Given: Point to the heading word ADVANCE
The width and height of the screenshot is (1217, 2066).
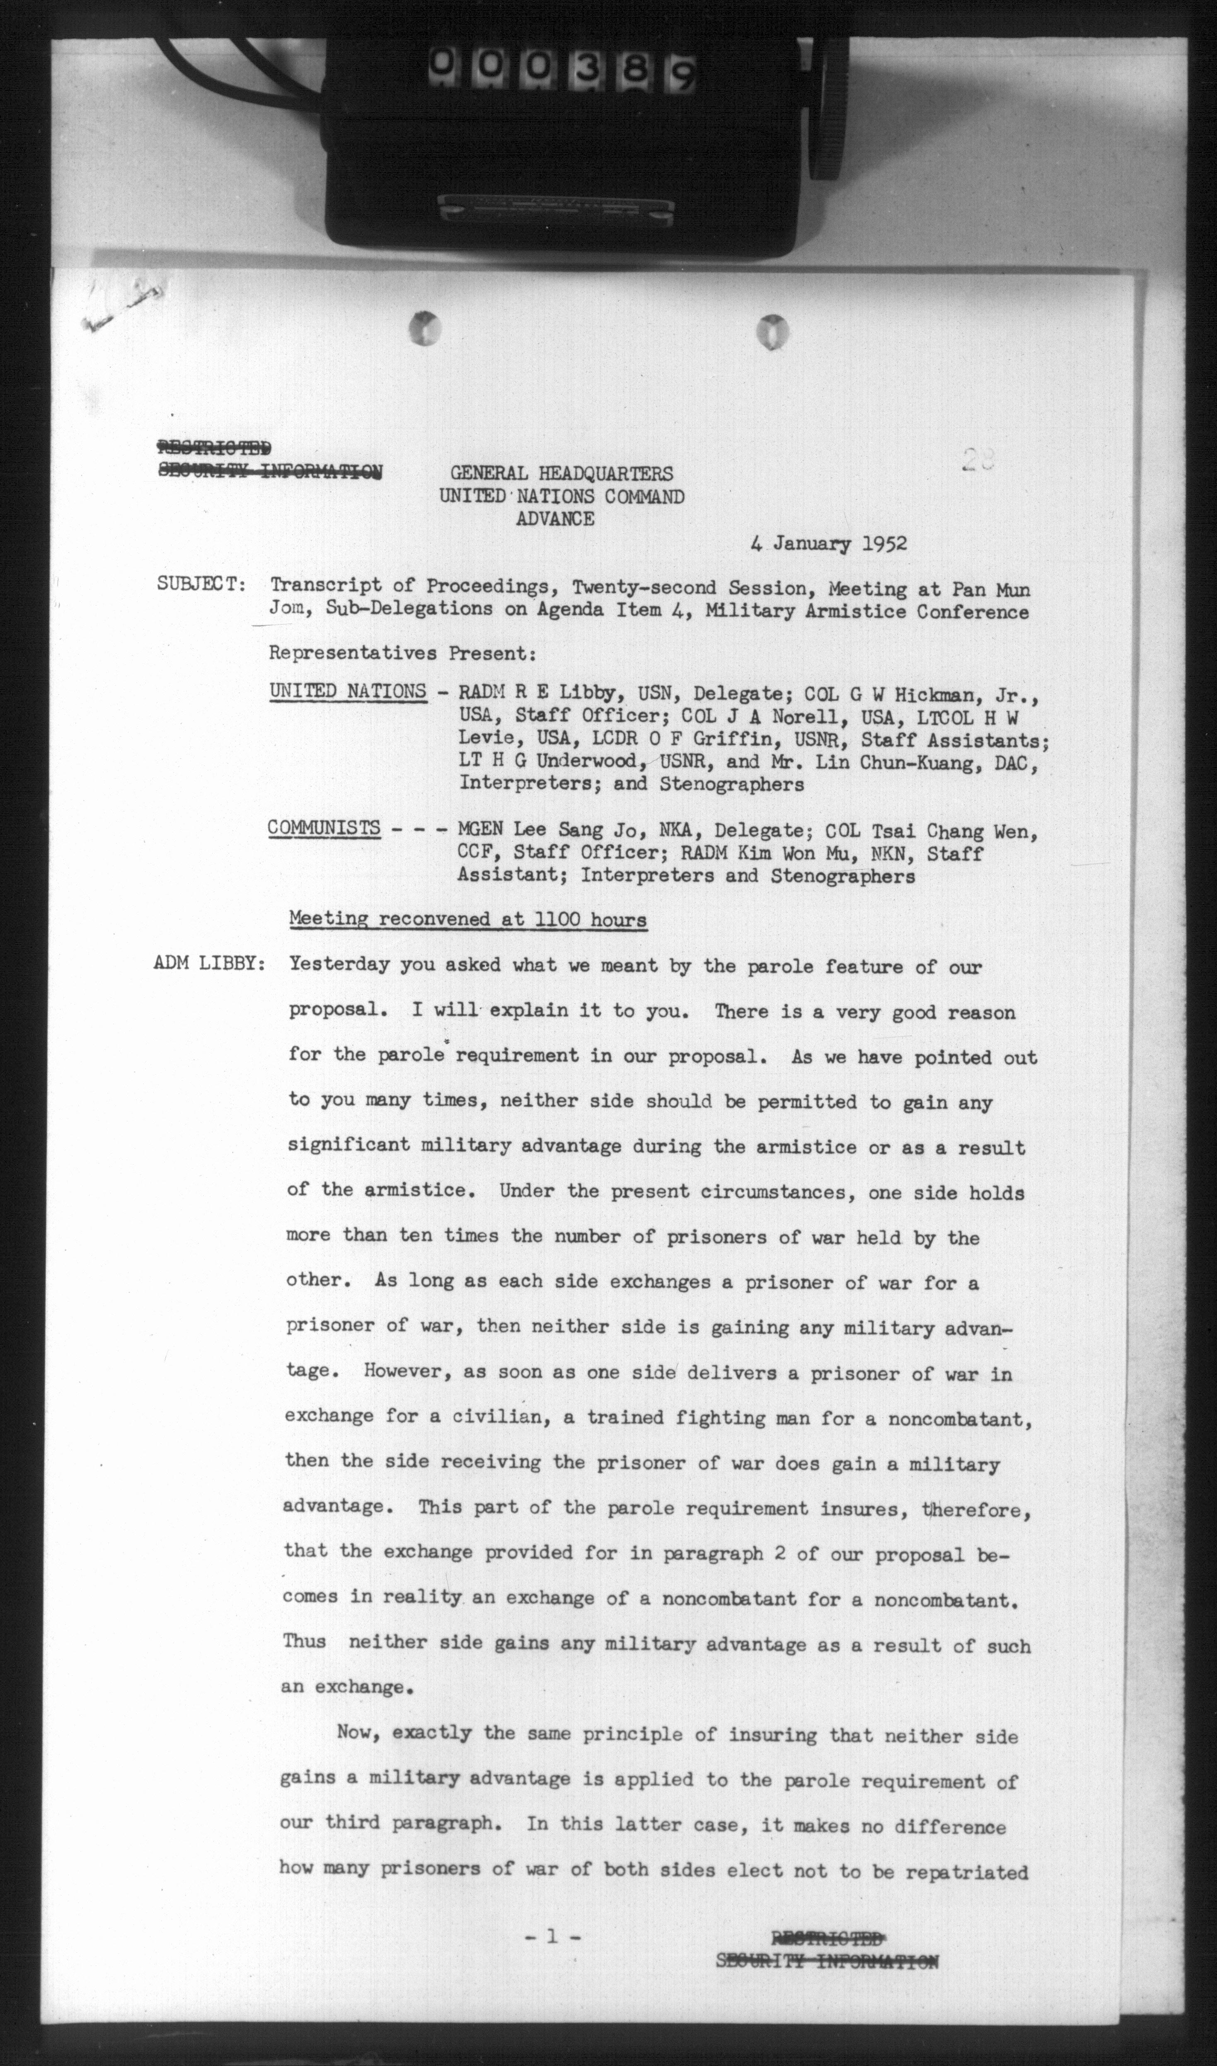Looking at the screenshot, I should [x=555, y=518].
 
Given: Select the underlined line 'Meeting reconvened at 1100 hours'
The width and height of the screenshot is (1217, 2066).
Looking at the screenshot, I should [x=467, y=919].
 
